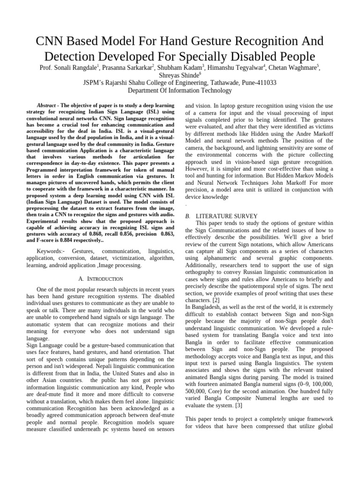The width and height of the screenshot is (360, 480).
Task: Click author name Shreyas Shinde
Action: pos(179,75)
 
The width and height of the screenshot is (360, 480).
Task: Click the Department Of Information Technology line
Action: pos(180,90)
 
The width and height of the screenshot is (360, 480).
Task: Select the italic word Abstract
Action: pos(46,105)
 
